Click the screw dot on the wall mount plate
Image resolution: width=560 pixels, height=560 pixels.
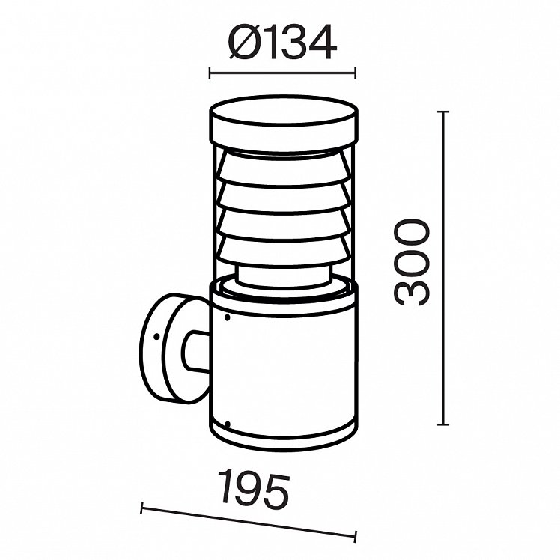[x=156, y=336]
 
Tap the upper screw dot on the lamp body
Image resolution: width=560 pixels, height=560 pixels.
[x=227, y=317]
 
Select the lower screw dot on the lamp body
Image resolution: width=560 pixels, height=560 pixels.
[x=227, y=424]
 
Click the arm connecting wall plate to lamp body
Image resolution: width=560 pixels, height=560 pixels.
[x=196, y=351]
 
